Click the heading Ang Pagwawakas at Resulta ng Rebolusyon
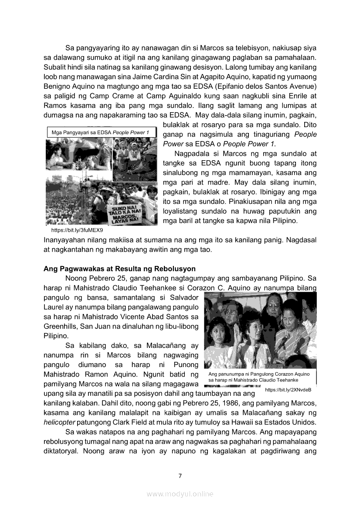click(x=119, y=269)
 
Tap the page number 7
click(x=180, y=475)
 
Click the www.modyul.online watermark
click(x=180, y=494)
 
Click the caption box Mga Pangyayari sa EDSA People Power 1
click(x=101, y=132)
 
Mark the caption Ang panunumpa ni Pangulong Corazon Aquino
click(x=259, y=374)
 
